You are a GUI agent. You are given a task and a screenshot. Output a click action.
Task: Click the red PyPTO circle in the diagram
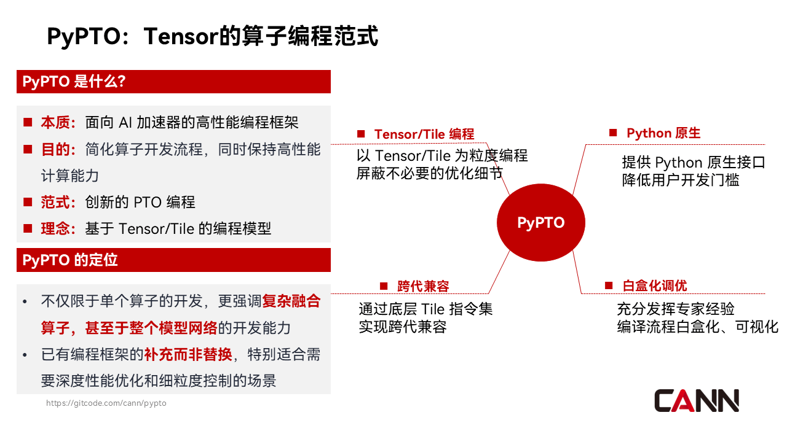pos(540,223)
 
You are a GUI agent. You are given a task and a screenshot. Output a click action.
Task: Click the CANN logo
pos(696,401)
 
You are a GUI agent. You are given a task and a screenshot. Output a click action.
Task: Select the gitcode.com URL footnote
pos(106,403)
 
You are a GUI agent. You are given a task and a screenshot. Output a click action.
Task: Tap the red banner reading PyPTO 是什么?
pos(173,82)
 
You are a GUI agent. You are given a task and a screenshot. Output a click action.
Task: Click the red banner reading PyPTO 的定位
pos(173,260)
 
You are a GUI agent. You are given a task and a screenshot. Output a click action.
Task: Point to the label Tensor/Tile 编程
pos(424,134)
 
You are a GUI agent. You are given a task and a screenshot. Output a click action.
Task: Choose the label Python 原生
pos(663,133)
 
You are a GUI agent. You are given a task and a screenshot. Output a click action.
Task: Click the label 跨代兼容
pos(423,286)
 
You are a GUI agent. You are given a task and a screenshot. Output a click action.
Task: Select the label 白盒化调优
pos(654,285)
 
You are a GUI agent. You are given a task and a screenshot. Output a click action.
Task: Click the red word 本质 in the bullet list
pos(55,122)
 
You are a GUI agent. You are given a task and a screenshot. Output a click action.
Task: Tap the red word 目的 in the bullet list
pos(55,149)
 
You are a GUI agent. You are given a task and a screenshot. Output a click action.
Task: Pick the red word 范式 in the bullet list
pos(55,202)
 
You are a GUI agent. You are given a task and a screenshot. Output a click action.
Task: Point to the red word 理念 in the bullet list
pos(55,228)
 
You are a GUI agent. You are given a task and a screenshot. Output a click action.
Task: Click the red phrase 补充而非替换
pos(188,354)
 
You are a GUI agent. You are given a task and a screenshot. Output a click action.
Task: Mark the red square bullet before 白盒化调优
pos(609,285)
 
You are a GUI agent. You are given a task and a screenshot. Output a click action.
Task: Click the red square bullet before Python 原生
pos(613,133)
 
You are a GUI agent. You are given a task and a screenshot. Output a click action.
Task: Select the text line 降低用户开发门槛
pos(680,180)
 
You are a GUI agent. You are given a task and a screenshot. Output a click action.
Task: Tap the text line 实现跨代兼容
pos(402,327)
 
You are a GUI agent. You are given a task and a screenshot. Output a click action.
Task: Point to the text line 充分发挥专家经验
pos(675,309)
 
